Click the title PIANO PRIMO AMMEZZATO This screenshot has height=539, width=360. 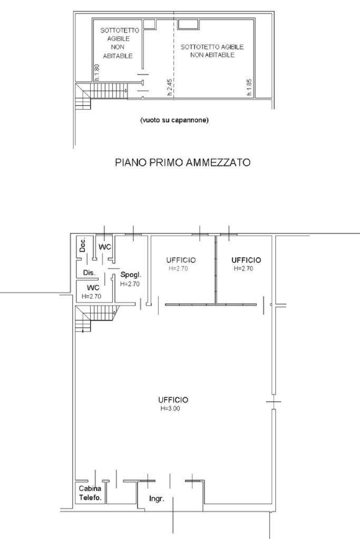pos(182,162)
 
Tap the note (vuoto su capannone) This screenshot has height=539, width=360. pos(174,120)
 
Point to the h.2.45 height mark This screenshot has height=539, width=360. pos(169,87)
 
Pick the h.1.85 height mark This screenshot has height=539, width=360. pos(249,87)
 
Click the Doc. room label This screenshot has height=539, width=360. pos(83,244)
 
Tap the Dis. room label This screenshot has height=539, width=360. pos(89,272)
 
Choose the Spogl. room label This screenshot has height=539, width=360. pos(131,275)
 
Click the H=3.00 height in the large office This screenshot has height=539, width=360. pos(170,408)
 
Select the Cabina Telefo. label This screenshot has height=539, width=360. pos(90,493)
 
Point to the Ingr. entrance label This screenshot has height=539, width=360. pos(157,499)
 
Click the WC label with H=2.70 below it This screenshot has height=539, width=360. pos(93,288)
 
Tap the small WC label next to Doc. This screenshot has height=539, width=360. pos(105,247)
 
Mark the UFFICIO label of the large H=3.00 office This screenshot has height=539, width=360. pos(173,400)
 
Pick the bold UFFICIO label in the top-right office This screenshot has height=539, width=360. pos(246,260)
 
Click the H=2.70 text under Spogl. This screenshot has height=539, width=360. pos(130,284)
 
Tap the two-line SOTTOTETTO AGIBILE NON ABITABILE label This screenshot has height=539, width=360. pos(212,51)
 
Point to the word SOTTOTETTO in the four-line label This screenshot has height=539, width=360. pos(120,30)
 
